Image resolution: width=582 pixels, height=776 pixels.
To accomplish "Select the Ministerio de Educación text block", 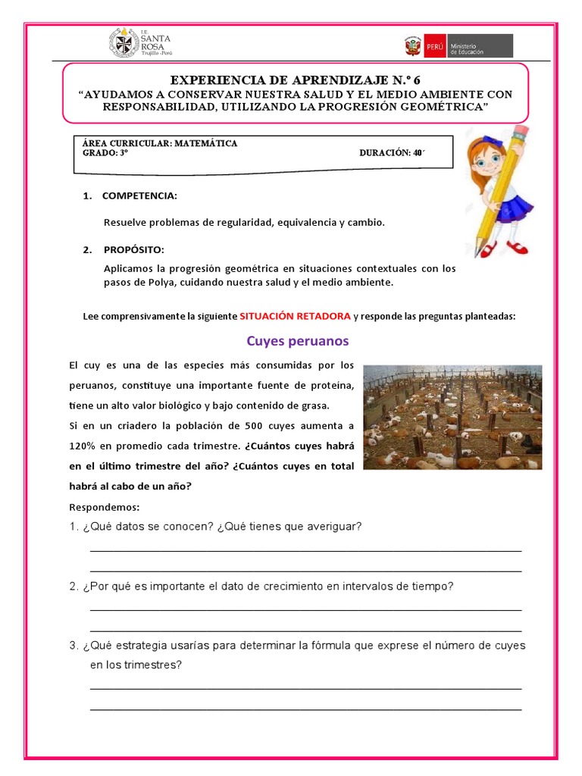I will [480, 46].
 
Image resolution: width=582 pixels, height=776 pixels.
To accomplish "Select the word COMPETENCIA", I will [139, 196].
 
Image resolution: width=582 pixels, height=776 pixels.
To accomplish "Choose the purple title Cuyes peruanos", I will [291, 341].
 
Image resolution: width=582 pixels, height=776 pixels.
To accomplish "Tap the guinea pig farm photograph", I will [452, 417].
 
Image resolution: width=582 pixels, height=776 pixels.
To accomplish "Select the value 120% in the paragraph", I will [83, 446].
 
